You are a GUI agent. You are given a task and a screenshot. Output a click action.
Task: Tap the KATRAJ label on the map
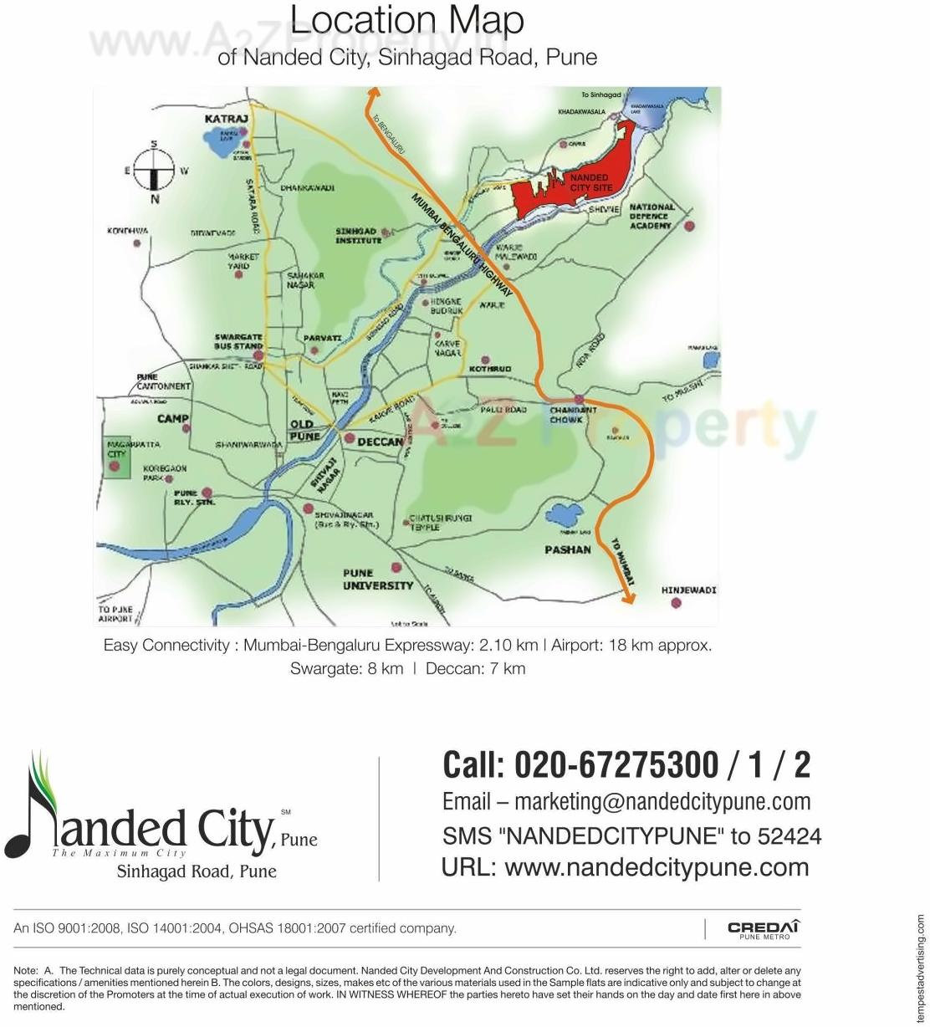(x=227, y=120)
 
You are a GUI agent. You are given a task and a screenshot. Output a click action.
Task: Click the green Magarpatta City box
(x=117, y=457)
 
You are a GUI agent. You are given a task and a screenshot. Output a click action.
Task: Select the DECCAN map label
(x=381, y=442)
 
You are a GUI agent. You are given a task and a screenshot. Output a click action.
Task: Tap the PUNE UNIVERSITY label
(x=377, y=580)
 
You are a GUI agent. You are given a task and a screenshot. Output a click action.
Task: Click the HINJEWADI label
(x=688, y=590)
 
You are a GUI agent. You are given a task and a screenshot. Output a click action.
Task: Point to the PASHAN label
(x=568, y=549)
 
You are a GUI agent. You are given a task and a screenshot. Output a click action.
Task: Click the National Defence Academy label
(x=651, y=216)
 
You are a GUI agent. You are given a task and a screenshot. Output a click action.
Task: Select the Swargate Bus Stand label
(x=238, y=341)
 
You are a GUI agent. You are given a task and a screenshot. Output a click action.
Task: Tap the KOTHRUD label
(x=490, y=369)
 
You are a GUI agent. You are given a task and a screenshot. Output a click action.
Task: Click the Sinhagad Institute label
(x=358, y=236)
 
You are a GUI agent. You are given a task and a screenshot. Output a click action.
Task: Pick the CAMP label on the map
(x=172, y=418)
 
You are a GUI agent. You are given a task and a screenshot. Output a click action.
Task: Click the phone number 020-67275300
(x=616, y=765)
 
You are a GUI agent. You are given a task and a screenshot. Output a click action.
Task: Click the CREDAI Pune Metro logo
(x=764, y=929)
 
